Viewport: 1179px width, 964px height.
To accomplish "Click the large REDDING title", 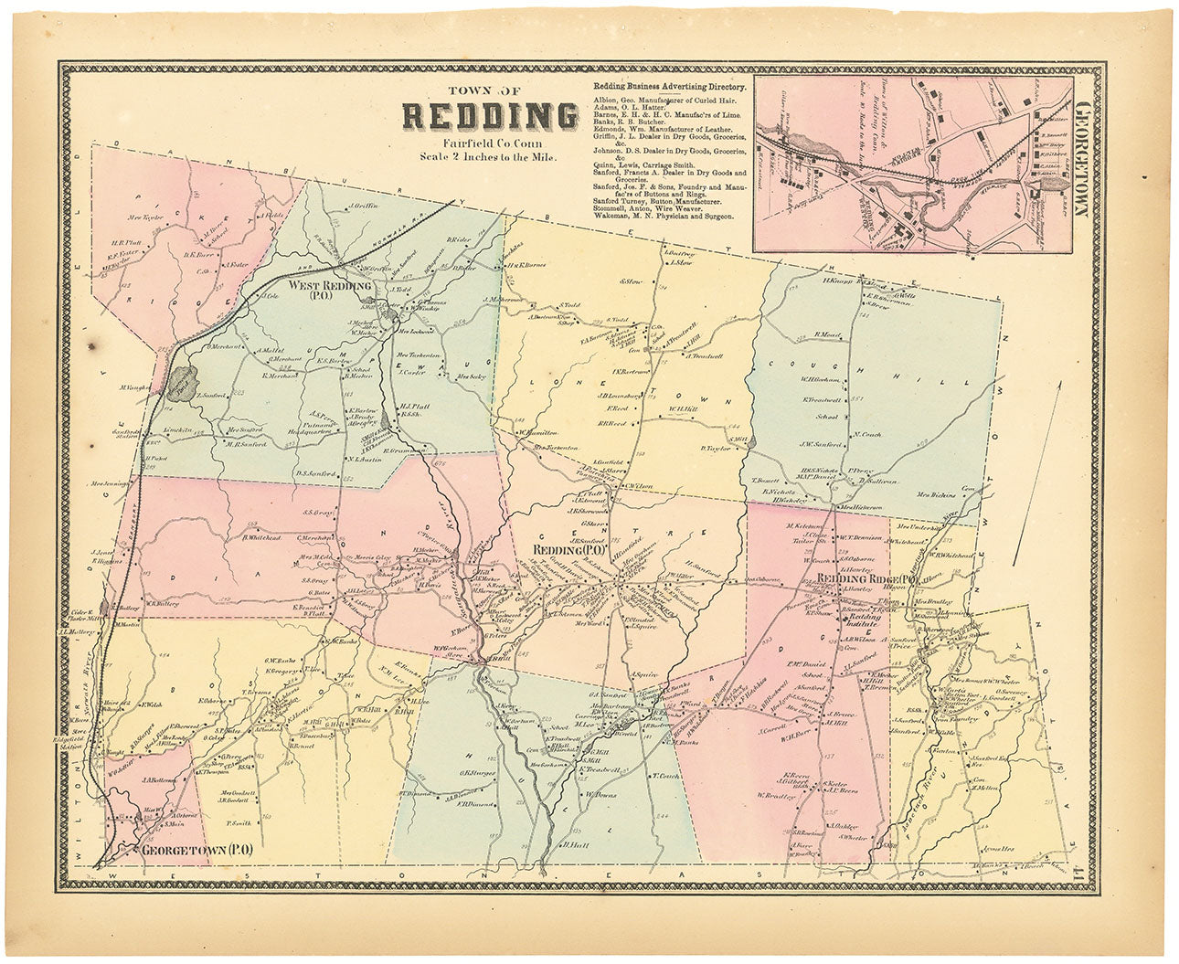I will click(x=490, y=117).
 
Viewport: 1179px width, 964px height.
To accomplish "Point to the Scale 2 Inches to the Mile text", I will click(x=490, y=155).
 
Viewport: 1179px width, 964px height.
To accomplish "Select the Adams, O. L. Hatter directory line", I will click(x=631, y=106).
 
